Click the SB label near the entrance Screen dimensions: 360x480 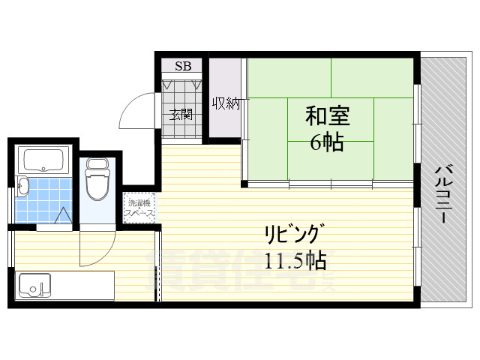click(183, 66)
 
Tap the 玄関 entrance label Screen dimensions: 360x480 click(181, 115)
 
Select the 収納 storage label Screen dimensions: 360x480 click(225, 104)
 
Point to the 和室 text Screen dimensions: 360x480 click(328, 115)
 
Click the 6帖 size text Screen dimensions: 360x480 click(327, 142)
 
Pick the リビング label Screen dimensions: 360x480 click(294, 233)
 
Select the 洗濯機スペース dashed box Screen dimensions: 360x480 click(139, 208)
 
